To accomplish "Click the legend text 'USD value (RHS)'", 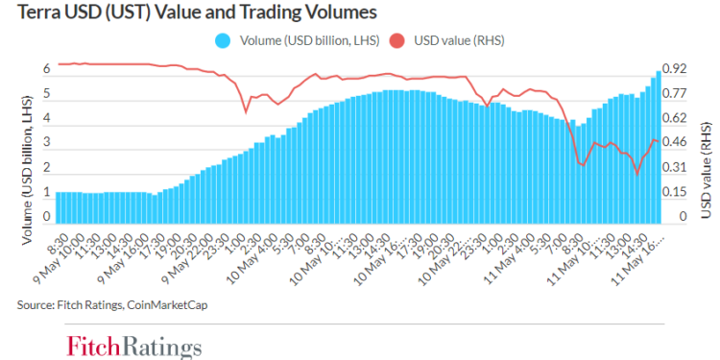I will (x=458, y=40).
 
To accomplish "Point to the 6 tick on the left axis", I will (x=45, y=69).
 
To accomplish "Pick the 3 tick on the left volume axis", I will (x=45, y=144).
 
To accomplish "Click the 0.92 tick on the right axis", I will (x=675, y=69).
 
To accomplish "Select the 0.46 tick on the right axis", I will (x=675, y=143).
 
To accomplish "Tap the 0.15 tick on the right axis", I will (x=675, y=192).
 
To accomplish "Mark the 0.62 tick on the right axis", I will (x=675, y=118).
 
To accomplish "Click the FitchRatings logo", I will (x=133, y=345).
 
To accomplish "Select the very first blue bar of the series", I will (x=59, y=207).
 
